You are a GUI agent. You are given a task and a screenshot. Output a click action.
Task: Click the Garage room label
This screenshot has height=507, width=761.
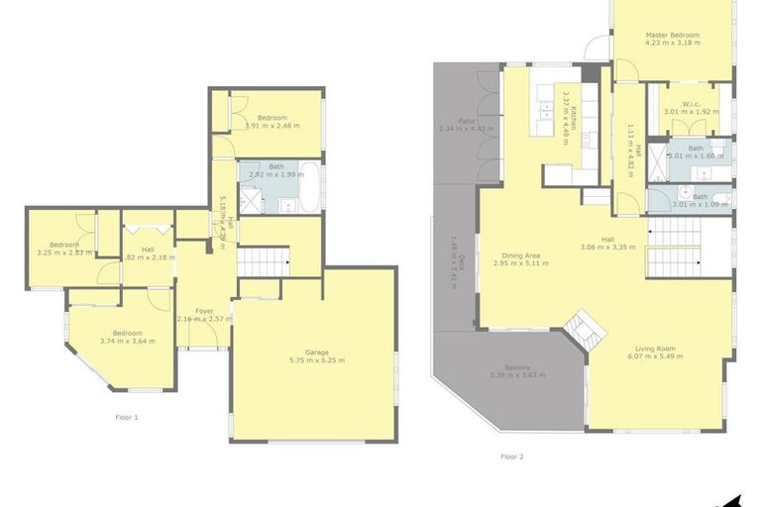pyautogui.click(x=317, y=355)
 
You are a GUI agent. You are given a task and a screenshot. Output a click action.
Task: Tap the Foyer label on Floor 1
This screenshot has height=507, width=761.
pyautogui.click(x=204, y=314)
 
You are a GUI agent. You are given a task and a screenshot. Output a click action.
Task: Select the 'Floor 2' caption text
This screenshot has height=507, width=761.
pyautogui.click(x=511, y=456)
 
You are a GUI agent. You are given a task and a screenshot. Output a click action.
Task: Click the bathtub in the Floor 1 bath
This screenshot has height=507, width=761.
pyautogui.click(x=309, y=186)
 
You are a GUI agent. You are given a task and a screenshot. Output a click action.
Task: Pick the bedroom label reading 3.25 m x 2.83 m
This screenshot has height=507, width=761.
pyautogui.click(x=64, y=249)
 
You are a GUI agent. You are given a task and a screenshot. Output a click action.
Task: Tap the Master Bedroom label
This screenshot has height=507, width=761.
pyautogui.click(x=673, y=39)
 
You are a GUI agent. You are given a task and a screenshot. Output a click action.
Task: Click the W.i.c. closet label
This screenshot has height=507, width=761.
pyautogui.click(x=683, y=107)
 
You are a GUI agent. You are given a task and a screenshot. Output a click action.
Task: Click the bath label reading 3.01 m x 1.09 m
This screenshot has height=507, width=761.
pyautogui.click(x=697, y=201)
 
